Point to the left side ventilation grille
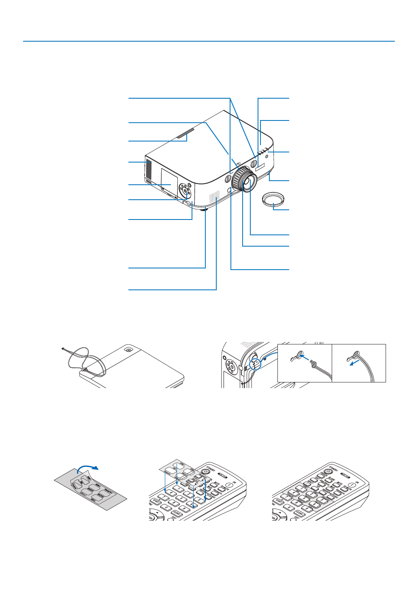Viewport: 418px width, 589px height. pos(148,170)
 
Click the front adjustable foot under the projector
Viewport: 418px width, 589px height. pos(205,209)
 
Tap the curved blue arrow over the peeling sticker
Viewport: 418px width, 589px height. pos(88,468)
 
